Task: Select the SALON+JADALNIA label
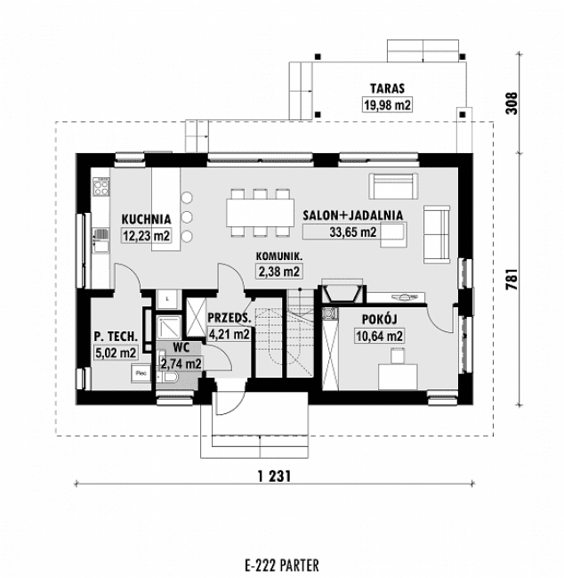pyautogui.click(x=353, y=215)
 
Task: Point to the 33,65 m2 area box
pyautogui.click(x=353, y=232)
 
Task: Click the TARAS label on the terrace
pyautogui.click(x=384, y=88)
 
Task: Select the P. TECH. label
pyautogui.click(x=116, y=336)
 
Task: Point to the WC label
pyautogui.click(x=180, y=347)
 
